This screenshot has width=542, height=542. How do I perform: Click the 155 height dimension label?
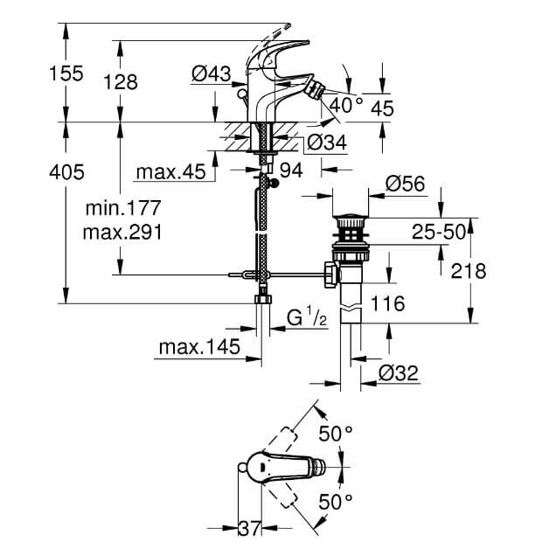(66, 73)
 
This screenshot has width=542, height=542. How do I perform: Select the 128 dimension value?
(121, 82)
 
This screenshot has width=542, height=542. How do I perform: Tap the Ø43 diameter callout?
(212, 73)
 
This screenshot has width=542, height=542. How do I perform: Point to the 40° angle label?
(346, 105)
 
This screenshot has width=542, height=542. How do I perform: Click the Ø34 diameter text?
(327, 142)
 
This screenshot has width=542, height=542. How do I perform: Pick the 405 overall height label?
(66, 172)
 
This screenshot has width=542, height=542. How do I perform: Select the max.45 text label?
(171, 172)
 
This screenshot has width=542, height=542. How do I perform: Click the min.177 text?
(123, 208)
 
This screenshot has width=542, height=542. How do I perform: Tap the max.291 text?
(122, 233)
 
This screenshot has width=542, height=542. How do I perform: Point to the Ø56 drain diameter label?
(406, 184)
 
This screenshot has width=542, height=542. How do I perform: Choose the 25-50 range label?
(439, 232)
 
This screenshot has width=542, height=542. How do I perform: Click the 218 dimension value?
(469, 271)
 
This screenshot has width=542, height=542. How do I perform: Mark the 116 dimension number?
(387, 303)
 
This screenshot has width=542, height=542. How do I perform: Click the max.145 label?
(199, 347)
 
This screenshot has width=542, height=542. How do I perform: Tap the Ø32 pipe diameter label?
(399, 373)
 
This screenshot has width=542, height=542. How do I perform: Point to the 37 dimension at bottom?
(249, 529)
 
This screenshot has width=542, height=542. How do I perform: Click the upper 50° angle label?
(336, 434)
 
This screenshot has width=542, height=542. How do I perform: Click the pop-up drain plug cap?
(351, 218)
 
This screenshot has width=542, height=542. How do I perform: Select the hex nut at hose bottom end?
(263, 299)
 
